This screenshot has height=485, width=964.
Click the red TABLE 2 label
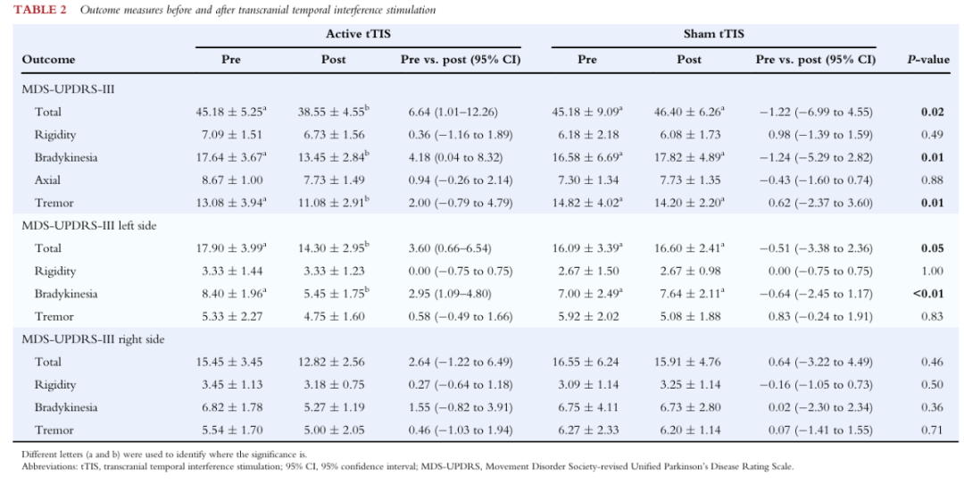point(40,10)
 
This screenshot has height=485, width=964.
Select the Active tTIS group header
point(358,34)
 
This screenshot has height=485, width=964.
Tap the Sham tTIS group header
point(713,34)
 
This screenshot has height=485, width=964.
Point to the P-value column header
point(928,60)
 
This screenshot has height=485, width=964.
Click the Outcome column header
point(48,60)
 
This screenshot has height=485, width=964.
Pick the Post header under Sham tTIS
point(689,60)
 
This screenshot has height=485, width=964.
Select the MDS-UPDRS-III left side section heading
point(89,226)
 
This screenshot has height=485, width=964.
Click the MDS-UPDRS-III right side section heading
point(93,339)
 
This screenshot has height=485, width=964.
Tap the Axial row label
point(47,180)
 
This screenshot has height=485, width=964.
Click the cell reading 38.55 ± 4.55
point(333,112)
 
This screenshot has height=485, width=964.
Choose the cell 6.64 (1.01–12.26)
point(453,112)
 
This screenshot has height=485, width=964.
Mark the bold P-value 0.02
point(932,112)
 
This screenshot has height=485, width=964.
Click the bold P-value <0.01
point(928,294)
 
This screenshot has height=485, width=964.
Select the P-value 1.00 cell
point(932,271)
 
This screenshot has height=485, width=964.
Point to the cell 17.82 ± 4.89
point(689,157)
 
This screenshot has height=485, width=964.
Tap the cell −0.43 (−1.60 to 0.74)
point(815,180)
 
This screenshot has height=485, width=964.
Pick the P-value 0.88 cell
point(932,180)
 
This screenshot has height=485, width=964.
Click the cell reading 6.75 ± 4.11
point(586,407)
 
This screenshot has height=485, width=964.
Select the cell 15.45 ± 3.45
point(229,362)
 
